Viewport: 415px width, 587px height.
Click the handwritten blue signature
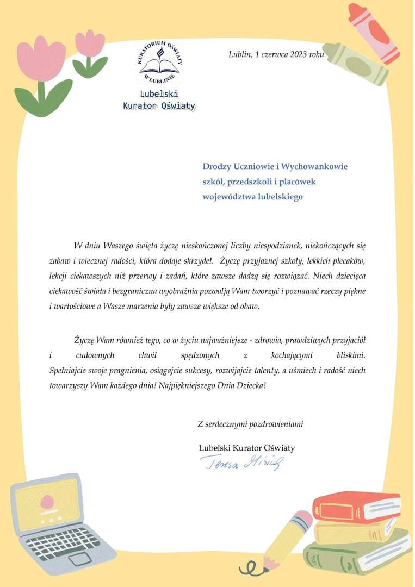pyautogui.click(x=242, y=463)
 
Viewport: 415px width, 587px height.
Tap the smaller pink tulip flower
pyautogui.click(x=90, y=44)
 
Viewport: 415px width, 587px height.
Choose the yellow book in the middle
pyautogui.click(x=354, y=529)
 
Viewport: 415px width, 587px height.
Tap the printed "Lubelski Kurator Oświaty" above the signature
pyautogui.click(x=246, y=448)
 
